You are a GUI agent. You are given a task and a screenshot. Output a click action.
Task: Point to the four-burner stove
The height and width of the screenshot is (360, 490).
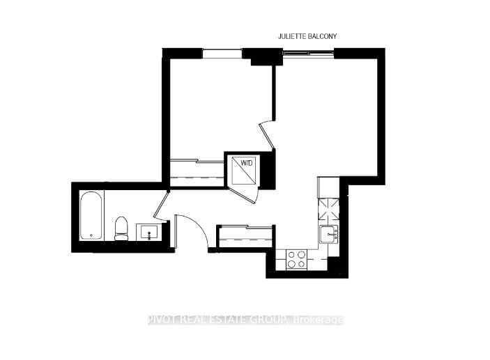coord(296,259)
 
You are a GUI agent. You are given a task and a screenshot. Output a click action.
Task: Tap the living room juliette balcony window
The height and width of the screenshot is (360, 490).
coord(307,51)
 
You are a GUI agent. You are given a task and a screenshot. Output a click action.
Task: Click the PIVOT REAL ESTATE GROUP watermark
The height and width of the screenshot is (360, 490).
coord(245,320)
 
